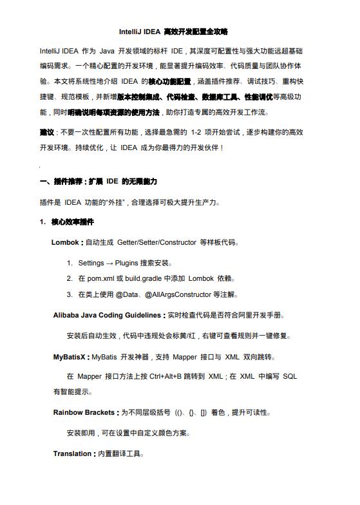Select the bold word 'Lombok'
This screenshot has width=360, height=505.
coord(67,243)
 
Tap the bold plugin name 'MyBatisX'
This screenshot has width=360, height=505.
coord(71,356)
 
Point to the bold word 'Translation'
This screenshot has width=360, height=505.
coord(72,453)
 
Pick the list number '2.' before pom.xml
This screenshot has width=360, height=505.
coord(70,279)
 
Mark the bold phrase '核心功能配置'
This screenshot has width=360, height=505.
coord(170,82)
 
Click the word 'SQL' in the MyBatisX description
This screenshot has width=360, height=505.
coord(289,376)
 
